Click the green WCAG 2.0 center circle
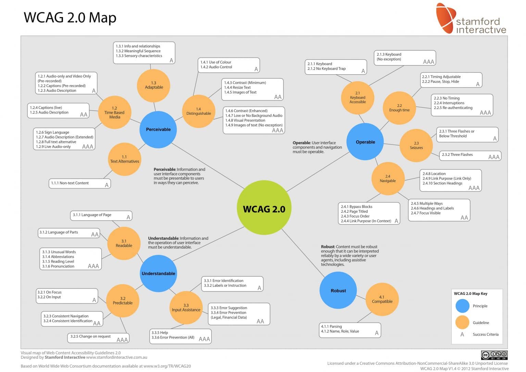click(264, 208)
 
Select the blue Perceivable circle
click(158, 129)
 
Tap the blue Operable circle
click(365, 142)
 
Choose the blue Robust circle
click(338, 290)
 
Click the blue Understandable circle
click(158, 273)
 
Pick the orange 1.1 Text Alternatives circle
click(124, 159)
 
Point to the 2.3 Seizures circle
click(416, 146)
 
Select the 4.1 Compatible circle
click(382, 299)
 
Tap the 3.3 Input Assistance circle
click(186, 308)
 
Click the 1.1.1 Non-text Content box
click(79, 184)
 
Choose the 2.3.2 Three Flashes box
click(470, 156)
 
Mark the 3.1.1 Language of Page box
click(101, 215)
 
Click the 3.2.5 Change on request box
click(98, 338)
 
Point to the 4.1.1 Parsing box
click(350, 330)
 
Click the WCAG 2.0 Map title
click(70, 17)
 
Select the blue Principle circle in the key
click(462, 306)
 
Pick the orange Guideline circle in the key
click(462, 322)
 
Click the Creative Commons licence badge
click(494, 355)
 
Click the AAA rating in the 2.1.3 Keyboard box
click(428, 62)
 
